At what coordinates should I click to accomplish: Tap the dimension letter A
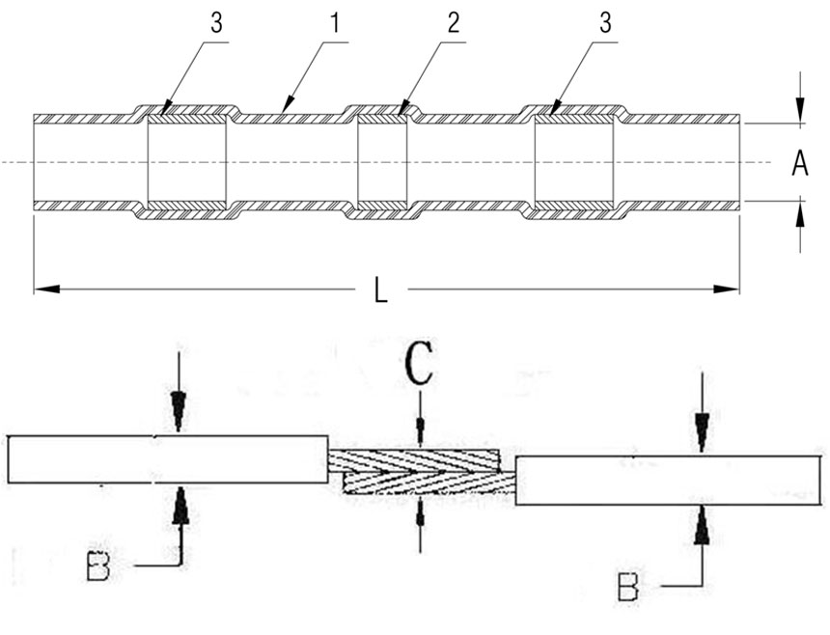pos(799,165)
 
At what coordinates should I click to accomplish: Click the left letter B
pos(98,566)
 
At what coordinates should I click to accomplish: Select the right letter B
pos(627,585)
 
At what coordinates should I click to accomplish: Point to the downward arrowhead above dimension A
pos(799,114)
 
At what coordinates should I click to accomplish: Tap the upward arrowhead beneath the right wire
pos(702,522)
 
